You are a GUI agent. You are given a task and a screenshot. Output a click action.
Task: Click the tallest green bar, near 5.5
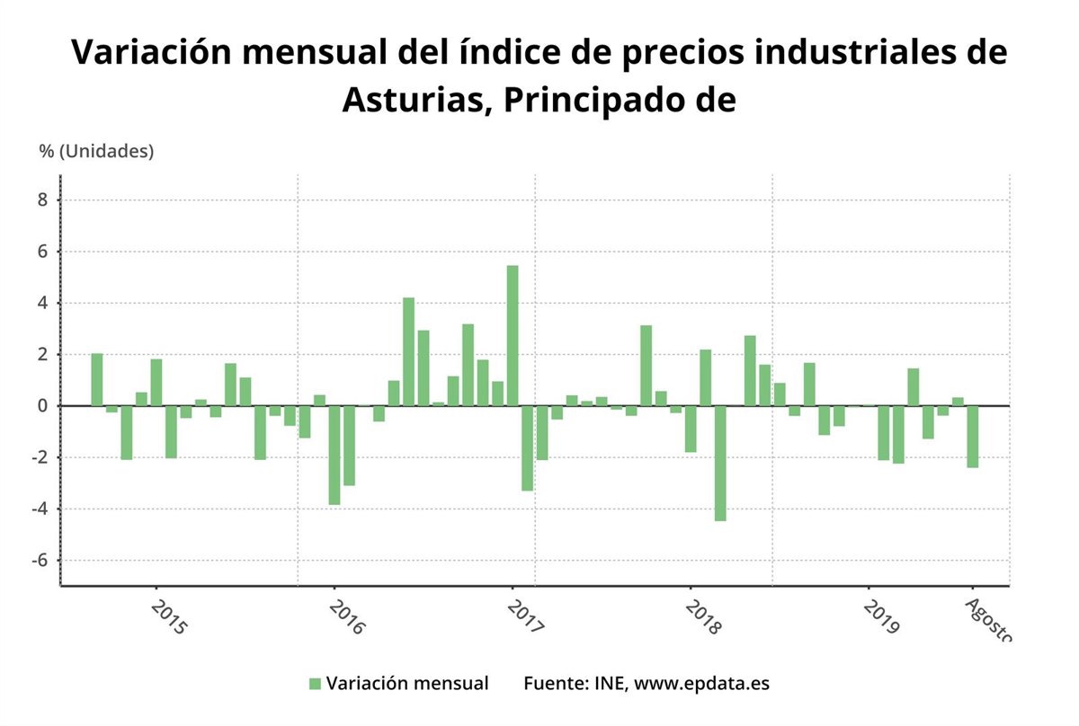pyautogui.click(x=513, y=335)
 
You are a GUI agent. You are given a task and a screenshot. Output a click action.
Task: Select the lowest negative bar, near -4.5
pyautogui.click(x=720, y=463)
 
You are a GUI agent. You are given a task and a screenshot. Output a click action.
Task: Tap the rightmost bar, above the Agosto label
pyautogui.click(x=972, y=437)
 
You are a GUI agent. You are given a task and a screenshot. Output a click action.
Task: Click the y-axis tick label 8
pyautogui.click(x=41, y=200)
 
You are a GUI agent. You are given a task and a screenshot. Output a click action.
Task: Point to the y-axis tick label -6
pyautogui.click(x=38, y=561)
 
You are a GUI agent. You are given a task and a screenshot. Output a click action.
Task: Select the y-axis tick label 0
pyautogui.click(x=41, y=406)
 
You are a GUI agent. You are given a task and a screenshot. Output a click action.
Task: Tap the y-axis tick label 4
pyautogui.click(x=41, y=304)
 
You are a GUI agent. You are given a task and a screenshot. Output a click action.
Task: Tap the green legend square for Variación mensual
pyautogui.click(x=315, y=684)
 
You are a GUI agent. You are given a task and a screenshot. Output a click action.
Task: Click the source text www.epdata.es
pyautogui.click(x=701, y=684)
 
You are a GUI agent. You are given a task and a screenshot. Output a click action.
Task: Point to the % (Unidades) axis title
pyautogui.click(x=96, y=151)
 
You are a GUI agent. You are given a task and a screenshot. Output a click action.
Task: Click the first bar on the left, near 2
pyautogui.click(x=97, y=380)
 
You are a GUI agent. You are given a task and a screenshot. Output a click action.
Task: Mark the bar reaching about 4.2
pyautogui.click(x=408, y=351)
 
